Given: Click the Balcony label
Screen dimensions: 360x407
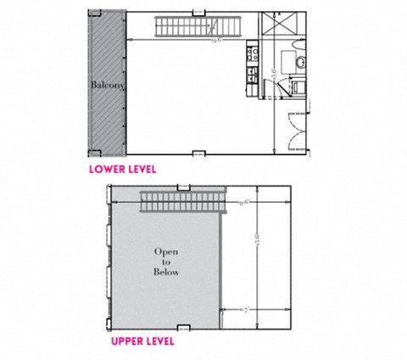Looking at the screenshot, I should [x=107, y=86].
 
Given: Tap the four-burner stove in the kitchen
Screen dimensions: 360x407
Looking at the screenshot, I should [x=251, y=53].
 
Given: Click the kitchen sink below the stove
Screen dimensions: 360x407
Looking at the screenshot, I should [x=251, y=75].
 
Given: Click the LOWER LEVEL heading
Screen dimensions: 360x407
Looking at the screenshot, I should [x=123, y=169].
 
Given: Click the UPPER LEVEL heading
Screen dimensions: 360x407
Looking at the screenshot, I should [x=142, y=342].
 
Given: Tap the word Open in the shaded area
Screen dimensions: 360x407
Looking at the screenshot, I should [x=165, y=252].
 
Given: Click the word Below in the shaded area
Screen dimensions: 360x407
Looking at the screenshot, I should [x=165, y=274].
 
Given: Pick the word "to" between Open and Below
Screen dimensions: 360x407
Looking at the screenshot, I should [x=165, y=263].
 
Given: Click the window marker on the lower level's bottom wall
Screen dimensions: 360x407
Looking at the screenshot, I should [x=197, y=154].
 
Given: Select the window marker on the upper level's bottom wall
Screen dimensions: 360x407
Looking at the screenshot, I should [x=182, y=328].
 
